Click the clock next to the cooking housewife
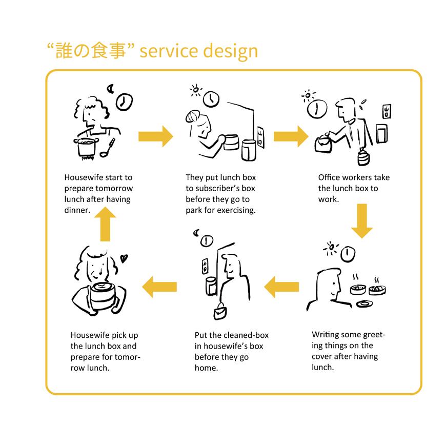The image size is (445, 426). (x=123, y=102)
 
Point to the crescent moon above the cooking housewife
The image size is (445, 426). (x=110, y=89)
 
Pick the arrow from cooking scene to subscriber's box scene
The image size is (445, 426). (x=156, y=136)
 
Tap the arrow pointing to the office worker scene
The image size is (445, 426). (x=291, y=136)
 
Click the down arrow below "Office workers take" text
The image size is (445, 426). (x=362, y=220)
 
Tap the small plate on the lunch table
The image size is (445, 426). (x=365, y=304)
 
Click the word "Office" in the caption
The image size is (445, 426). (x=329, y=177)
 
